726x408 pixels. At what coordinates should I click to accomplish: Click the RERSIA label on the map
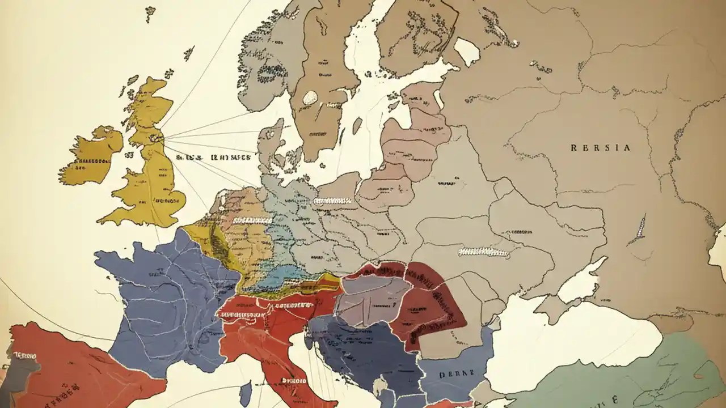(x=600, y=148)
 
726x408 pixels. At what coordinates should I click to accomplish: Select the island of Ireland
(x=91, y=156)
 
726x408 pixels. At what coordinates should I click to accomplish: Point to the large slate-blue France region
(x=164, y=300)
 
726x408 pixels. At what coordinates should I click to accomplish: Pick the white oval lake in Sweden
(x=310, y=97)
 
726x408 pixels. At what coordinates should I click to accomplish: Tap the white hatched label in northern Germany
(x=332, y=200)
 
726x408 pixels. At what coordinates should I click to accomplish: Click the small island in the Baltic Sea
(x=357, y=125)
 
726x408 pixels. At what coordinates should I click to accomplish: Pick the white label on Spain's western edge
(x=23, y=356)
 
